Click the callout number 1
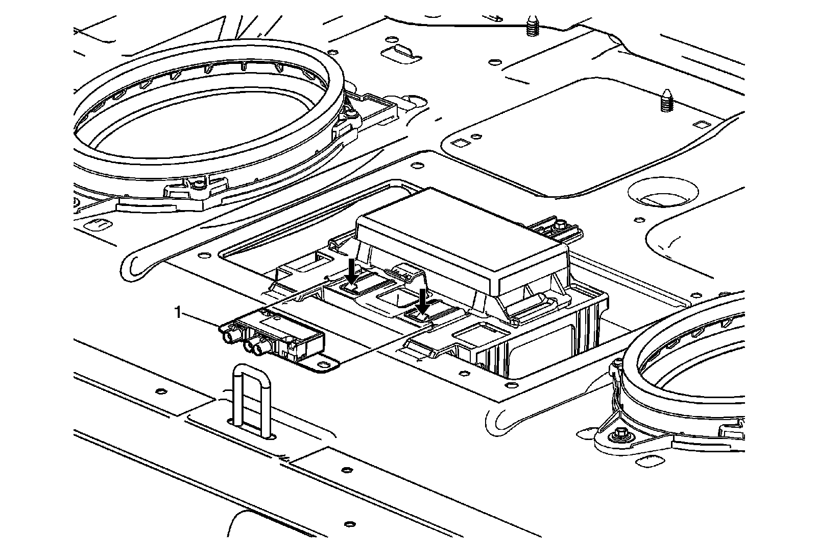tap(178, 312)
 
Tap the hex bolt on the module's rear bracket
tap(560, 225)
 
